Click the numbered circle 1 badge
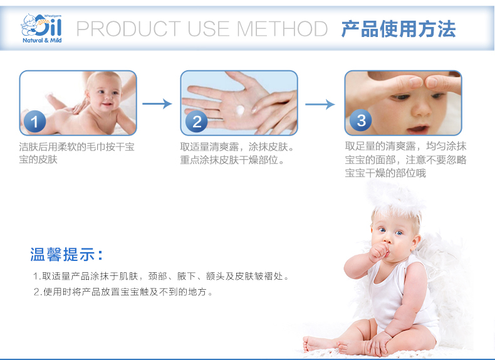click(34, 122)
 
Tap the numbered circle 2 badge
click(196, 122)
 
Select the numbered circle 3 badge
click(361, 120)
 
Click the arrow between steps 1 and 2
click(157, 103)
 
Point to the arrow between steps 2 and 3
click(320, 104)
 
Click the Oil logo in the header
click(41, 25)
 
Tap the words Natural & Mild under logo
click(42, 40)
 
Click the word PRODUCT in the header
click(128, 29)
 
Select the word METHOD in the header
click(282, 29)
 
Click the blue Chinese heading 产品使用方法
click(399, 29)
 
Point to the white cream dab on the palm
click(240, 110)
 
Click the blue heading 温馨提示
click(66, 255)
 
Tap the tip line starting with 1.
click(161, 276)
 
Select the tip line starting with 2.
click(123, 292)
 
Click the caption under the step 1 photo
click(76, 153)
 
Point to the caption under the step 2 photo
click(237, 153)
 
